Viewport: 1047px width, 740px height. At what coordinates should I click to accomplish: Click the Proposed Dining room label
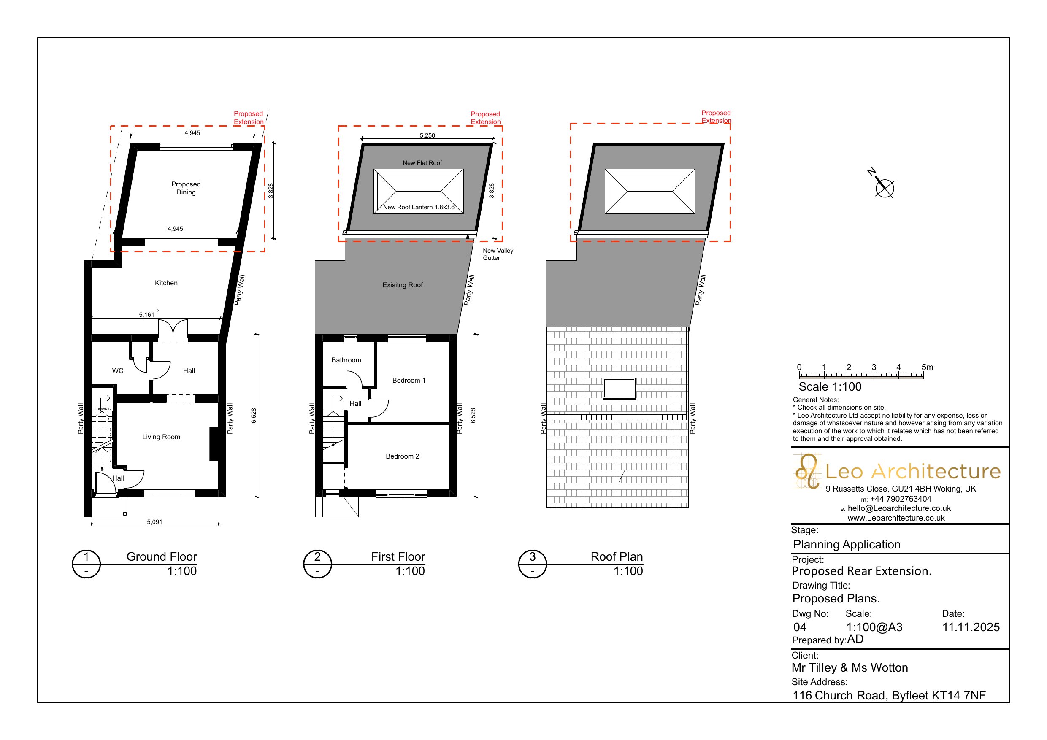(x=186, y=188)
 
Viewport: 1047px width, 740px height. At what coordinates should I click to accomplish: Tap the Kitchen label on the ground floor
(x=166, y=283)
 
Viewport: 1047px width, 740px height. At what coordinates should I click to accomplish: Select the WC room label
(x=118, y=371)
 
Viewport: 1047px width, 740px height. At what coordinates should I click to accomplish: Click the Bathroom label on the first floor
(x=346, y=360)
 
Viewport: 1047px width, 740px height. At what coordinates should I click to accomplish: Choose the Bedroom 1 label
(x=409, y=380)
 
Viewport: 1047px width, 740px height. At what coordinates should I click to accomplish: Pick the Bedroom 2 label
(x=402, y=456)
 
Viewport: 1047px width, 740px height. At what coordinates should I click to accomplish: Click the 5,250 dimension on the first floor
(x=427, y=135)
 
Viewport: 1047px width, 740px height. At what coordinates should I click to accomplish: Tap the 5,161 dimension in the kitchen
(x=146, y=315)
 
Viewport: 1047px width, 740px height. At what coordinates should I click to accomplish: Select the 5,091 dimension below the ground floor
(x=154, y=521)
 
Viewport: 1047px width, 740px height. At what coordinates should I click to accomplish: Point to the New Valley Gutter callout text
(x=498, y=254)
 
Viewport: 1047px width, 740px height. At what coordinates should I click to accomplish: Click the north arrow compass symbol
(x=883, y=186)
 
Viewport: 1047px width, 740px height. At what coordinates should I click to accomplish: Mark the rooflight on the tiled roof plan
(x=619, y=389)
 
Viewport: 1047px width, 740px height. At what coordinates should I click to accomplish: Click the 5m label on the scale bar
(x=927, y=367)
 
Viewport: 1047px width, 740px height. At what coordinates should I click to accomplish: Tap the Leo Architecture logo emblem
(x=808, y=471)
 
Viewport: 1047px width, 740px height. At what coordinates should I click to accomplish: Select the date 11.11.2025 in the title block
(x=971, y=627)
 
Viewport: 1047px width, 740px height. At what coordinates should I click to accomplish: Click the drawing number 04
(x=800, y=627)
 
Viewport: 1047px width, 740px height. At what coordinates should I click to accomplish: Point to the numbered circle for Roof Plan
(x=532, y=564)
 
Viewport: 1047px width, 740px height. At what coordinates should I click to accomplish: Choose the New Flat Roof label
(x=422, y=163)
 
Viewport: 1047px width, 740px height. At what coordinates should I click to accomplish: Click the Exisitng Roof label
(x=402, y=285)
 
